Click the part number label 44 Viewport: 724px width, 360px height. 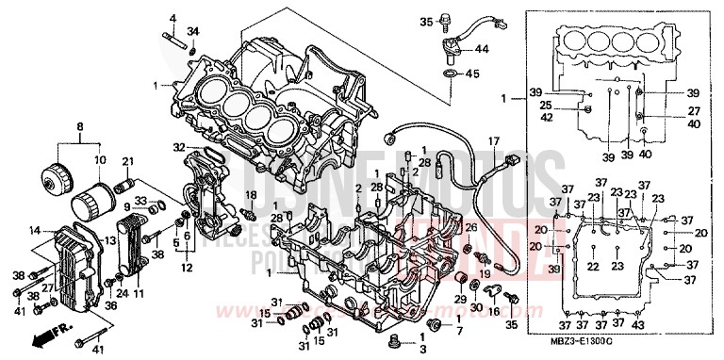482,49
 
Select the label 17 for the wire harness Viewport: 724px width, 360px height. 492,142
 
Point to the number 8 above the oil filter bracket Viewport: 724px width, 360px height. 80,126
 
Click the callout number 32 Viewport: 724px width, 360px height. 178,147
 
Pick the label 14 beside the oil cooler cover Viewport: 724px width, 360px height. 34,230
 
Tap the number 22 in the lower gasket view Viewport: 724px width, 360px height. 593,267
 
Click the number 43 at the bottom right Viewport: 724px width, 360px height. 640,325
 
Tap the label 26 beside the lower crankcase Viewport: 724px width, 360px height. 472,227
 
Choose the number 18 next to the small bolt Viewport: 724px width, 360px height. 252,194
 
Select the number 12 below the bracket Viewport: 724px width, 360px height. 188,268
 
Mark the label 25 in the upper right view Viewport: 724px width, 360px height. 545,106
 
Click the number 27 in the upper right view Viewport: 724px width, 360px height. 694,110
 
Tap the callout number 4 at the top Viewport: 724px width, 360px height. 173,18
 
